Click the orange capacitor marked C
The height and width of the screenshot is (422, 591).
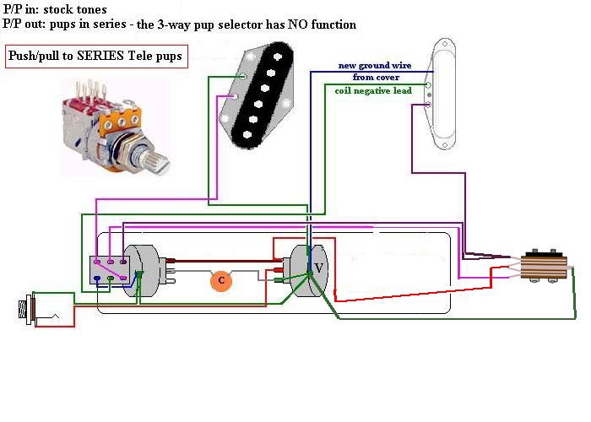coord(221,279)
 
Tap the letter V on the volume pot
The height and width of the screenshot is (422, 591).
coord(317,268)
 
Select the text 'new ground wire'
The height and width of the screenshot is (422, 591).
coord(369,65)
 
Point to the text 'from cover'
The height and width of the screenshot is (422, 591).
coord(369,77)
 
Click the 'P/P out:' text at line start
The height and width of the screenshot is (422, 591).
coord(24,24)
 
